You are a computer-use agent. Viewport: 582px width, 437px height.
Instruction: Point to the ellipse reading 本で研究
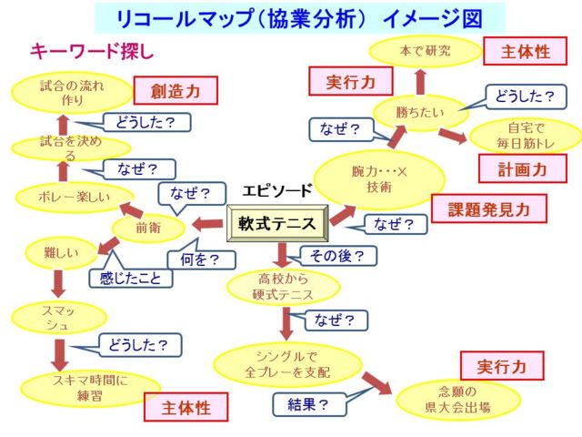tap(425, 51)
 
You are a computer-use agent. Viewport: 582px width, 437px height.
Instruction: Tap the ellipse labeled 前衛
tap(147, 229)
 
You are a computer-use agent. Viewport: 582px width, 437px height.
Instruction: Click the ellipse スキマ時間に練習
tap(90, 388)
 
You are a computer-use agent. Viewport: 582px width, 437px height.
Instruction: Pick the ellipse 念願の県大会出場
tap(457, 400)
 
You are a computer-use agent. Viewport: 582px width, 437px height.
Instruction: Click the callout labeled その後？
tap(336, 256)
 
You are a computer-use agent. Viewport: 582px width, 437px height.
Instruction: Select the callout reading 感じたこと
tap(129, 279)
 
